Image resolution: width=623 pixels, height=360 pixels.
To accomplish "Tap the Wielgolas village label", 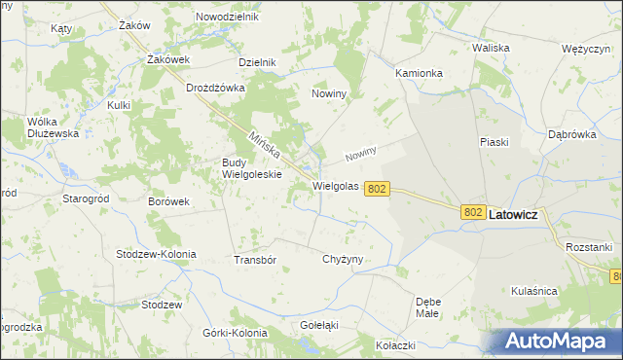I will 336,185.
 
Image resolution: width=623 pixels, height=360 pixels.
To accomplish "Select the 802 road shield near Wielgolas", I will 379,189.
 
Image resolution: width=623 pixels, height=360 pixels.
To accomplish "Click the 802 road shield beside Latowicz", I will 473,212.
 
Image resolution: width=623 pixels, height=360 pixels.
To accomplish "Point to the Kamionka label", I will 420,73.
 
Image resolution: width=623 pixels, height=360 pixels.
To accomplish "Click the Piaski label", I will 495,142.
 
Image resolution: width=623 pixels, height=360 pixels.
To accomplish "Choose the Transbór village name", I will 256,261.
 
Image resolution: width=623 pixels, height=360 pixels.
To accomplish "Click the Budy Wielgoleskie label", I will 252,168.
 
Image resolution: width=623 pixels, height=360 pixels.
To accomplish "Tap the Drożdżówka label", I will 215,88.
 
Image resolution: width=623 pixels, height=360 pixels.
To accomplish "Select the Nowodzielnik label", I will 227,18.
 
